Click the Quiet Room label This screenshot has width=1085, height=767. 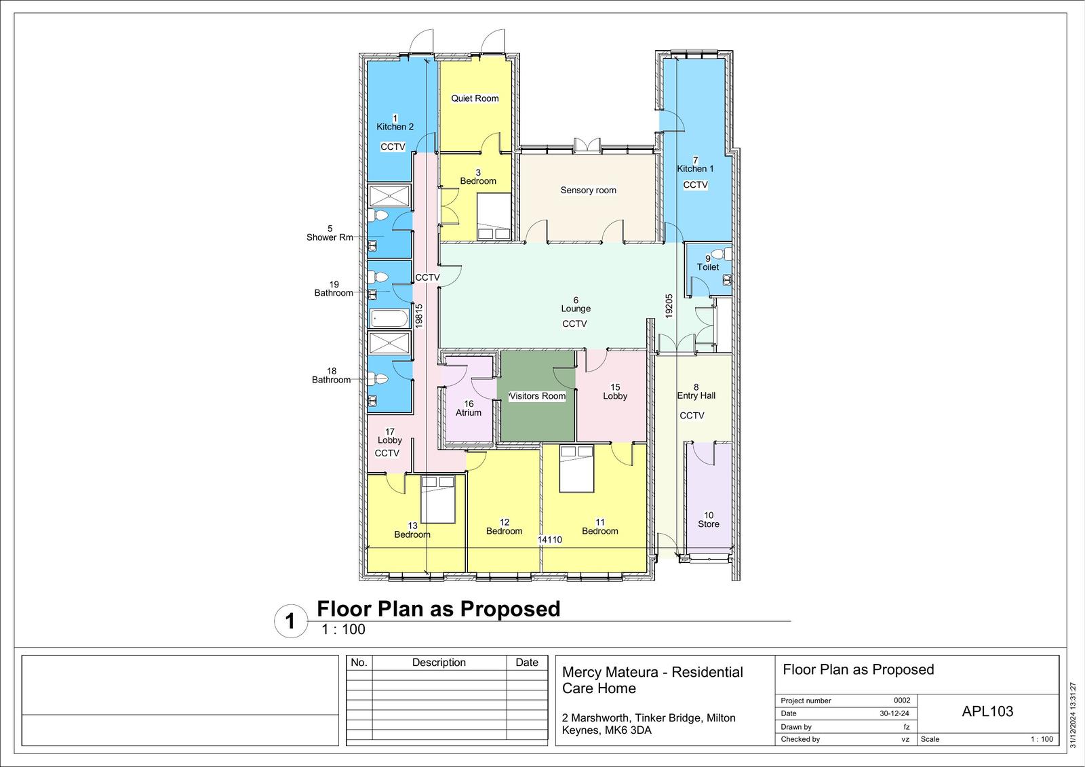click(x=475, y=98)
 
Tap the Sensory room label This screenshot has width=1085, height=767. click(x=588, y=190)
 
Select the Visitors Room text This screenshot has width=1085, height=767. click(x=537, y=396)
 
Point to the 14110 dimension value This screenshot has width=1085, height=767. click(x=550, y=539)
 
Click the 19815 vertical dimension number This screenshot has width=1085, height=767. click(x=419, y=316)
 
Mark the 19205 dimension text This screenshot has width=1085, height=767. click(x=669, y=306)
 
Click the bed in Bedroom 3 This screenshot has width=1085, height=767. click(x=494, y=216)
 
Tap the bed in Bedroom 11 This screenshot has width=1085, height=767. click(x=577, y=469)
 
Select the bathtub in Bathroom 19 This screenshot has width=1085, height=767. click(x=390, y=319)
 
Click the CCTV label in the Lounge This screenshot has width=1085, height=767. click(x=574, y=323)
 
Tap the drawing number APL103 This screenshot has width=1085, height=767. click(x=987, y=711)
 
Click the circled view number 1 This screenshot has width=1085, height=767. click(x=290, y=621)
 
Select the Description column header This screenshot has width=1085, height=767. click(x=439, y=663)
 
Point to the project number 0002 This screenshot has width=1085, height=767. click(x=902, y=700)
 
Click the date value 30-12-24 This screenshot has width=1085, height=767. click(x=894, y=713)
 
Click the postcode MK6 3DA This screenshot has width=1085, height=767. click(x=628, y=730)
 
